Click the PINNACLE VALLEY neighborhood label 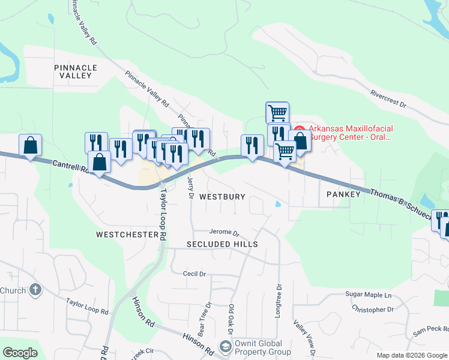[x=73, y=71]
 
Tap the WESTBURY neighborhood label [x=222, y=197]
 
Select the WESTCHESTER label [x=127, y=235]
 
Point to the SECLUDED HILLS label [x=222, y=244]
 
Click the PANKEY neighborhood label [x=343, y=194]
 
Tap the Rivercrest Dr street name [x=388, y=99]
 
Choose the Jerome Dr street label [x=224, y=233]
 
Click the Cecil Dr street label [x=194, y=274]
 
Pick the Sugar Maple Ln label [x=368, y=295]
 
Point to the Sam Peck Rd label [x=430, y=332]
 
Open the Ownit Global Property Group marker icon [x=225, y=347]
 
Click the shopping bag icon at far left [x=30, y=146]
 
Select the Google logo [x=20, y=353]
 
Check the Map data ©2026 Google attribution [x=411, y=355]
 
